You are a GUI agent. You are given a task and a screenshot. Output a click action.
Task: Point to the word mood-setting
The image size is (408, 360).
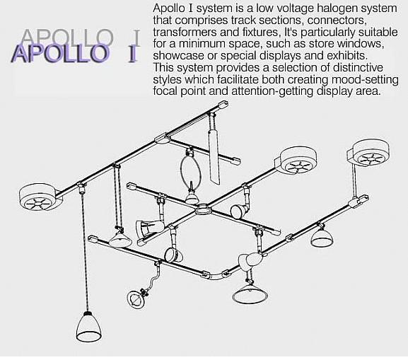365,80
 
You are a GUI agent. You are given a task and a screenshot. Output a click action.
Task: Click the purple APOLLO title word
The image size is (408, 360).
59,54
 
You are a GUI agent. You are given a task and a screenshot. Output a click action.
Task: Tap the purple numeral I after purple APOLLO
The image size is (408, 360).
132,54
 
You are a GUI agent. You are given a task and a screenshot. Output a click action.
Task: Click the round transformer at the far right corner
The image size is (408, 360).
370,153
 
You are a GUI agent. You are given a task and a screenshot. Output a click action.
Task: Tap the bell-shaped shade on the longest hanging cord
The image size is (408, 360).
88,327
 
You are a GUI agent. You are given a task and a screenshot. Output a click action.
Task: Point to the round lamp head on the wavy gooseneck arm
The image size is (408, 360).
134,299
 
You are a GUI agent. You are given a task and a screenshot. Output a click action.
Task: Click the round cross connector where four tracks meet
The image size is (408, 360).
204,209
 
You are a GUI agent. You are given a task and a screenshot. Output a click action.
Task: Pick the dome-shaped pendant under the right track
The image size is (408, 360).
322,238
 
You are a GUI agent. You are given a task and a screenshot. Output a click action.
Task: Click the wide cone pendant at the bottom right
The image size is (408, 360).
250,294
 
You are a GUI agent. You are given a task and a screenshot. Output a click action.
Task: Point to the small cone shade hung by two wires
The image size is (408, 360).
120,240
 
